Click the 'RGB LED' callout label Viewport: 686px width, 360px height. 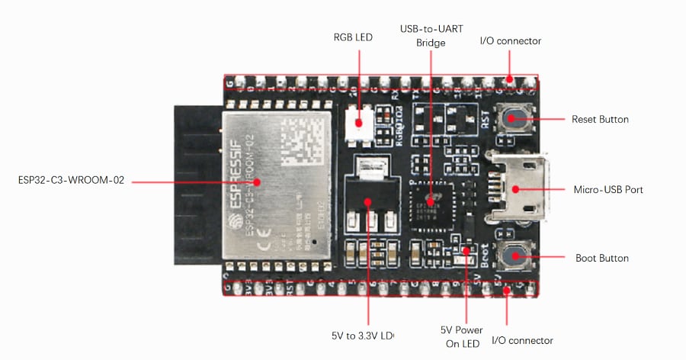pyautogui.click(x=353, y=37)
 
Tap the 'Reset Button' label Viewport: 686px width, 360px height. pyautogui.click(x=600, y=120)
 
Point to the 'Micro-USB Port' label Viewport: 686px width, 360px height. pyautogui.click(x=607, y=189)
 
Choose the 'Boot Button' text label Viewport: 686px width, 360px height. pyautogui.click(x=601, y=259)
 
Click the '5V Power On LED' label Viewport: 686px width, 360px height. pyautogui.click(x=461, y=336)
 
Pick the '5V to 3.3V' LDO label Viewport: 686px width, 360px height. pyautogui.click(x=362, y=335)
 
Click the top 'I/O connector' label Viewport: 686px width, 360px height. pyautogui.click(x=510, y=41)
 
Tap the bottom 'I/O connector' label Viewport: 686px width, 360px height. pyautogui.click(x=522, y=340)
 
